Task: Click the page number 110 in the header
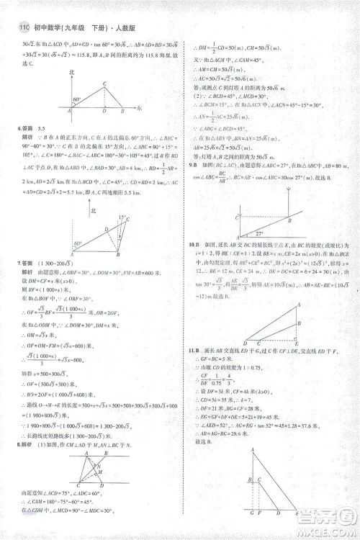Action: point(21,29)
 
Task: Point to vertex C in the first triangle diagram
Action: point(105,83)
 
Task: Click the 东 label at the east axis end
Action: point(139,107)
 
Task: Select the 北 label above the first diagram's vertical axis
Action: point(71,73)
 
